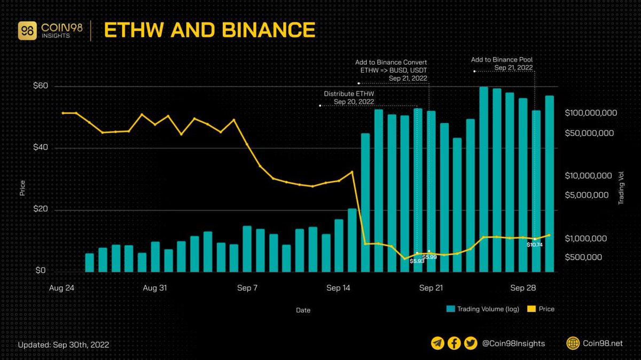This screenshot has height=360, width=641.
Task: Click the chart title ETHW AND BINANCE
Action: [209, 30]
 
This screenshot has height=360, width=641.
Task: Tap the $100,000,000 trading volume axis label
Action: [590, 113]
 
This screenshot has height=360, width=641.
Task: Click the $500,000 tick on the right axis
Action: [583, 257]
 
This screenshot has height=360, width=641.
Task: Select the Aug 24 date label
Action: [61, 288]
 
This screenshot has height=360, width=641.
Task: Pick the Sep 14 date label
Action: [339, 288]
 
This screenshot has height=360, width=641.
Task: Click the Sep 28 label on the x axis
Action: [523, 288]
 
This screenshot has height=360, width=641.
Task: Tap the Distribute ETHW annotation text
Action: [349, 98]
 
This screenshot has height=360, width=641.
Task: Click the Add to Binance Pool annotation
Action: [502, 64]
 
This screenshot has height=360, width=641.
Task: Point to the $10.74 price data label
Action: [534, 245]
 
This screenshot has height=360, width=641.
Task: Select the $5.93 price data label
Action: [417, 261]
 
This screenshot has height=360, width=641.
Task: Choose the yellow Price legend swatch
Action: [531, 309]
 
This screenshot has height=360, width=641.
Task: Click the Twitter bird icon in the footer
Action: [471, 343]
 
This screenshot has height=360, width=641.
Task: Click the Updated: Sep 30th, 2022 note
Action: [64, 345]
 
